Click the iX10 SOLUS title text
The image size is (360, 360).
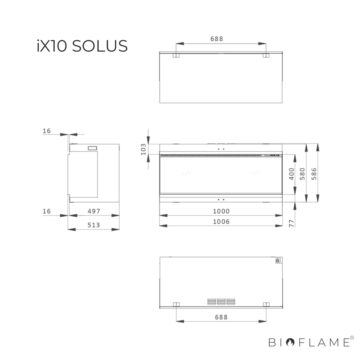(82, 46)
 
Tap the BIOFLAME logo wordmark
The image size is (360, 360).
(309, 342)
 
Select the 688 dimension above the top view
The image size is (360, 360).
(217, 39)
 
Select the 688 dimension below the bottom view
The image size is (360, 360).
(221, 317)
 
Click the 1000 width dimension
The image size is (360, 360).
(221, 211)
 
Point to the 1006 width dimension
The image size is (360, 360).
(221, 222)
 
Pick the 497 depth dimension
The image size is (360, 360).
(94, 211)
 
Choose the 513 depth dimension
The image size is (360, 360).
(94, 225)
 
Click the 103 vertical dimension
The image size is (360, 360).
(143, 149)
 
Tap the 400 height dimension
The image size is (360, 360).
(292, 174)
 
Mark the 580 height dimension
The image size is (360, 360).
(302, 174)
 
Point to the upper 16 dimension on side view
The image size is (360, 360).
(47, 131)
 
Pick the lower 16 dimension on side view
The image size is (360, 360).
(47, 211)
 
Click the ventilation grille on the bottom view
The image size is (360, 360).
(221, 301)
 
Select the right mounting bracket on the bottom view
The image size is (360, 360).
(266, 304)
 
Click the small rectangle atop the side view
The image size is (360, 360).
(92, 148)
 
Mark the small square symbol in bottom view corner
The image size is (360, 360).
(277, 260)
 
